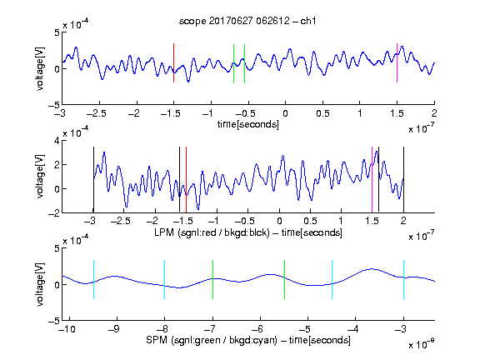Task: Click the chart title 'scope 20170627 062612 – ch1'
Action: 247,21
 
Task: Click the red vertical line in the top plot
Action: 173,62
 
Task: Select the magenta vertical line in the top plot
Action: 397,62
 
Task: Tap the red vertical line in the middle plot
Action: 186,179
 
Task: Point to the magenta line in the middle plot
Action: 372,179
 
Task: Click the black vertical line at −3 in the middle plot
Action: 93,179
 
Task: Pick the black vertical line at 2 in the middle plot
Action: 403,179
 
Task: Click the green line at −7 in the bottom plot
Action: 212,279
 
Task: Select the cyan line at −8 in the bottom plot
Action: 164,279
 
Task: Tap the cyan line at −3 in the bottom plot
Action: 403,279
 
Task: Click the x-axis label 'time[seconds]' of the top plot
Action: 248,125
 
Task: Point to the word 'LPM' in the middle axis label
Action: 164,232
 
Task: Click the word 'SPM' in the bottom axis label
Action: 157,340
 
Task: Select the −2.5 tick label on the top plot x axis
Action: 96,113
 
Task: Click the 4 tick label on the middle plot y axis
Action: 57,141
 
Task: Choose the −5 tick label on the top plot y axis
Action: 53,105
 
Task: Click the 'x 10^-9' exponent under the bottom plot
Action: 422,343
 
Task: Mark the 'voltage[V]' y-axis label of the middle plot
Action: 40,177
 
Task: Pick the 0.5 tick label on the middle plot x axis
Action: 310,221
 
